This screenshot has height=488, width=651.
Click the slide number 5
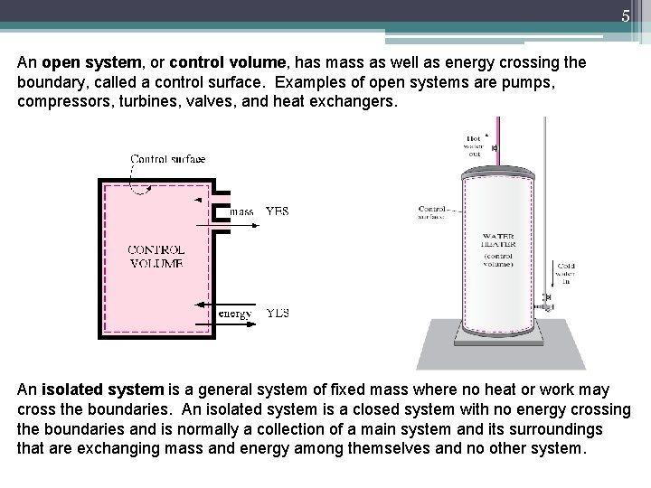tap(625, 14)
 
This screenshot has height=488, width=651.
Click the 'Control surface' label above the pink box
tap(167, 160)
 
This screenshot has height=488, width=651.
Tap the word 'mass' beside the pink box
tap(241, 211)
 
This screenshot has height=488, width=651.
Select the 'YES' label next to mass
tap(277, 211)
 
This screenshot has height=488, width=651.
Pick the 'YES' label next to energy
tap(277, 314)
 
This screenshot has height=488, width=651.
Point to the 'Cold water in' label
tap(564, 272)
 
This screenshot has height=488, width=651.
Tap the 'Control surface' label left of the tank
tap(432, 211)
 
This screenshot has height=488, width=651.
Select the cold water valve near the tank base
tap(545, 298)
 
